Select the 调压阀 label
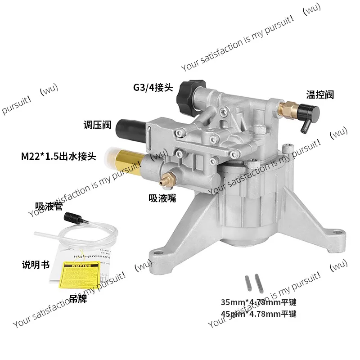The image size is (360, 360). [x=97, y=125]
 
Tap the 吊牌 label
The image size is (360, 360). [x=79, y=298]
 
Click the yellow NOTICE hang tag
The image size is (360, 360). [x=82, y=275]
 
